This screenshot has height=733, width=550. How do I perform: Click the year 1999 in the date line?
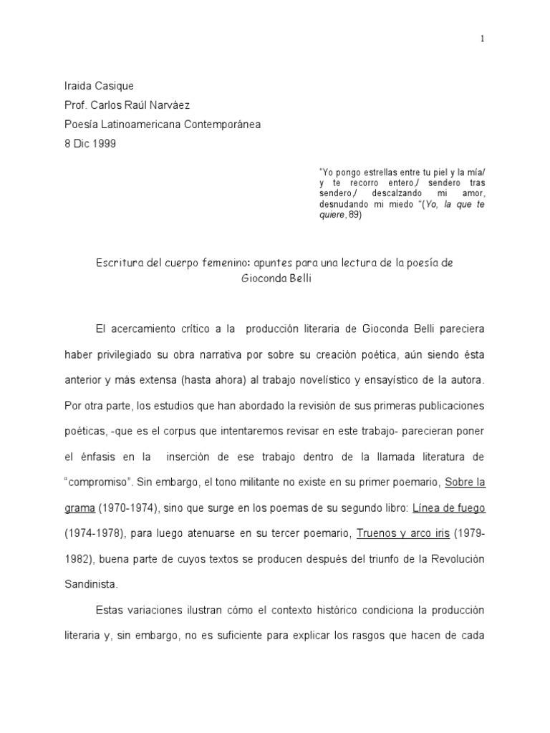[x=104, y=143]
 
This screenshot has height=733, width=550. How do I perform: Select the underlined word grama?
[x=79, y=508]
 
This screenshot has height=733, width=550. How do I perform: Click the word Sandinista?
[x=90, y=585]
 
